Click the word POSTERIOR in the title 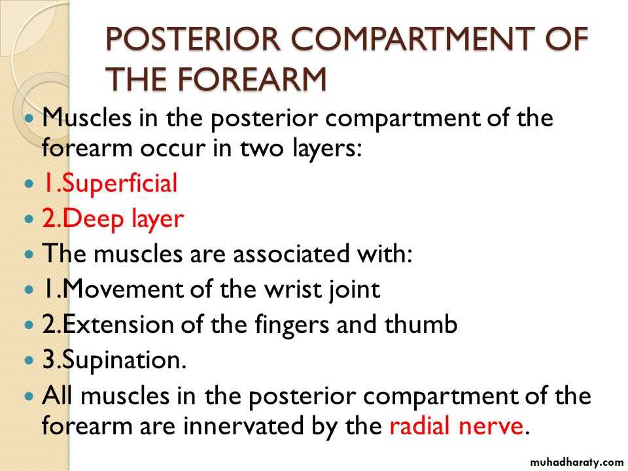[x=193, y=39]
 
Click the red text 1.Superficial [x=110, y=184]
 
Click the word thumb [x=421, y=324]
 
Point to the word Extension [x=118, y=324]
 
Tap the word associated [x=290, y=254]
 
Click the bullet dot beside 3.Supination [x=29, y=360]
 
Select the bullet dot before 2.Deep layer [x=29, y=218]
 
